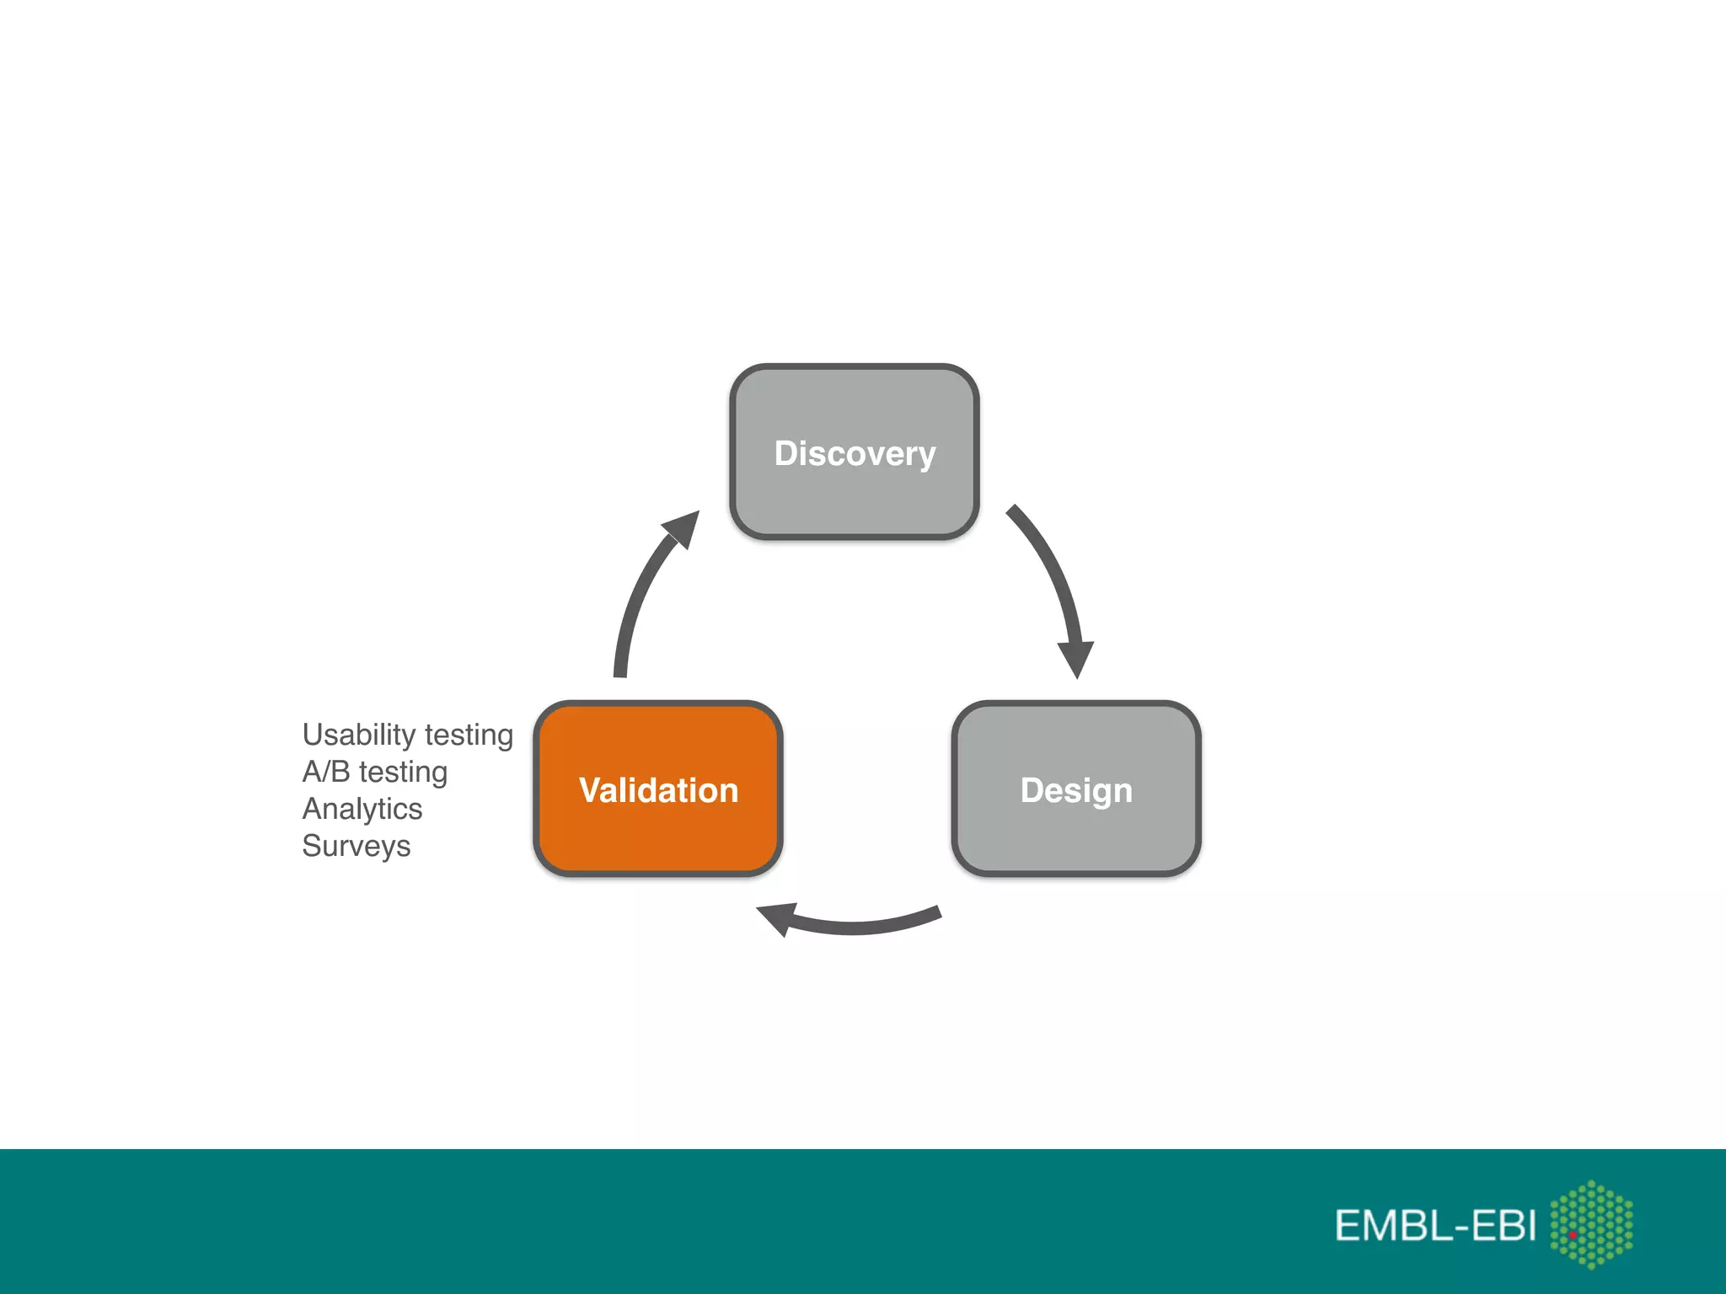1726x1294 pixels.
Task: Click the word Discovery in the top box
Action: tap(855, 454)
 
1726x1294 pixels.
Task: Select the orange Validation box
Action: tap(658, 834)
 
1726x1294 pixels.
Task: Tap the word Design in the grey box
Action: tap(1076, 791)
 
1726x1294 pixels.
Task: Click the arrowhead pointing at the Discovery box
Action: tap(683, 528)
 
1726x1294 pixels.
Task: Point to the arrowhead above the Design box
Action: tap(1076, 658)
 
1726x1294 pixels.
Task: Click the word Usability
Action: tap(358, 735)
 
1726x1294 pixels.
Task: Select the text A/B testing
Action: tap(374, 772)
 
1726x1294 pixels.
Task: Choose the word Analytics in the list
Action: tap(362, 809)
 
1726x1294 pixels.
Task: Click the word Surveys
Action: tap(356, 846)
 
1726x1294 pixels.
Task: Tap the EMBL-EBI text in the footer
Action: tap(1434, 1226)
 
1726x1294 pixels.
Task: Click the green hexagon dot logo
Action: tap(1591, 1223)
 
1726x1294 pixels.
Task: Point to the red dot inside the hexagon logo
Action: tap(1573, 1235)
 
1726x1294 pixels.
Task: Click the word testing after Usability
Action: tap(469, 735)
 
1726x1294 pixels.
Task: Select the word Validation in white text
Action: tap(658, 791)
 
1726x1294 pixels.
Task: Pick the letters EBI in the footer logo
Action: tap(1504, 1226)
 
